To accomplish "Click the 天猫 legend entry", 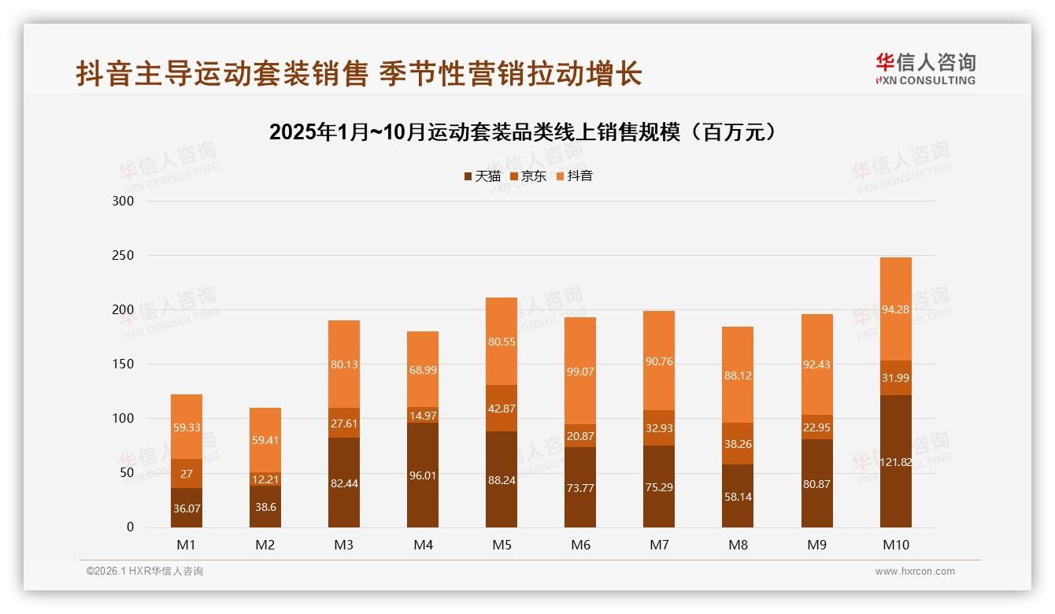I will pos(482,176).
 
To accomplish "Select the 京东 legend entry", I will pos(528,176).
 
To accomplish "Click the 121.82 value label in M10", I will pos(895,462).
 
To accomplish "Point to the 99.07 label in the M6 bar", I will pos(580,371).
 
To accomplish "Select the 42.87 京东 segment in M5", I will pos(502,408).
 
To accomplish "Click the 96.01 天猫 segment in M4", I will pos(423,475).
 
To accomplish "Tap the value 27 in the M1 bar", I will pos(187,473).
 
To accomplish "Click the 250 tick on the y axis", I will pos(124,256).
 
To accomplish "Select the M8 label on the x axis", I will pos(738,545).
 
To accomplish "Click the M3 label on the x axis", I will pos(344,545).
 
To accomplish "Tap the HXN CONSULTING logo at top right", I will pos(925,69).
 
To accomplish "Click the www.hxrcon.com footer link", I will pos(915,571).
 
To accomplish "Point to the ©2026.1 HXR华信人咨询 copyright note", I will pos(144,571).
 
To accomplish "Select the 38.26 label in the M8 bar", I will pos(738,444).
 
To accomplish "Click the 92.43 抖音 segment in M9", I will pos(816,364).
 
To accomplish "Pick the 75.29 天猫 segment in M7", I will pos(659,487).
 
